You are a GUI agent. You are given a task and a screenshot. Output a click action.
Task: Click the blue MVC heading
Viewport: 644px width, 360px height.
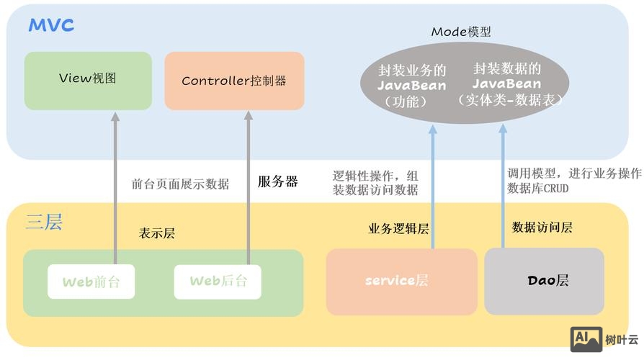[x=51, y=26]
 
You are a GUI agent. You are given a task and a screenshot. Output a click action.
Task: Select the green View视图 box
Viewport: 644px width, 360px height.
[x=88, y=80]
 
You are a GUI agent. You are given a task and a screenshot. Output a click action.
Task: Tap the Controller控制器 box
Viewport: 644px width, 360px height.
[x=234, y=81]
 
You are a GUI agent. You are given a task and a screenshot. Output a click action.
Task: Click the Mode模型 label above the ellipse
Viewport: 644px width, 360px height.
[x=461, y=32]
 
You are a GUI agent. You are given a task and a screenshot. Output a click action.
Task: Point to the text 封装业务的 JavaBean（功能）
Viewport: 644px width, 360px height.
[x=412, y=86]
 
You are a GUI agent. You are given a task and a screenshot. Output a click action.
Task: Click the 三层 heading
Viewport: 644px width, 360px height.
[x=44, y=222]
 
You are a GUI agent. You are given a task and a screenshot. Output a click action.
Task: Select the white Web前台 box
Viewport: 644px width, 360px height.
[x=91, y=282]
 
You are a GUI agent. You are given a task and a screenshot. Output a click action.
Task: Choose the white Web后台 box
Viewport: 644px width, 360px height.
[x=218, y=282]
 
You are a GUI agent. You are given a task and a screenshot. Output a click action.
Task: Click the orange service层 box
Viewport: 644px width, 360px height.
[x=401, y=282]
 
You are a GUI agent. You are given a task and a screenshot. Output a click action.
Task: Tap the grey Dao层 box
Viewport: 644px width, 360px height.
[x=544, y=281]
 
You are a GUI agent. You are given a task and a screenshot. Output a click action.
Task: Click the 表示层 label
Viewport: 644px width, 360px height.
[x=156, y=233]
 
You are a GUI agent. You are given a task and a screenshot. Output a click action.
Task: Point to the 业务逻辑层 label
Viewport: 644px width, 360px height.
[x=398, y=229]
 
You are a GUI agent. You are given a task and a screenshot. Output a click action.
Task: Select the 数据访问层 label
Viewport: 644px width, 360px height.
[x=542, y=228]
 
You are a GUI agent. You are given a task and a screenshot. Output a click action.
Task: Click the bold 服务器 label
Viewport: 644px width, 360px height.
[x=277, y=182]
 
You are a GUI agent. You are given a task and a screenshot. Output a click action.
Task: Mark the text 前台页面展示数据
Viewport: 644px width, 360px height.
[x=180, y=184]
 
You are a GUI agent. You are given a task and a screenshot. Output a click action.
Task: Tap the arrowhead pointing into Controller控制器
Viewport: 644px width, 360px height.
[x=248, y=117]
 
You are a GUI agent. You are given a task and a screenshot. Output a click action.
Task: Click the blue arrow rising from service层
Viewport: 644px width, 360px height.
[x=433, y=194]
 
